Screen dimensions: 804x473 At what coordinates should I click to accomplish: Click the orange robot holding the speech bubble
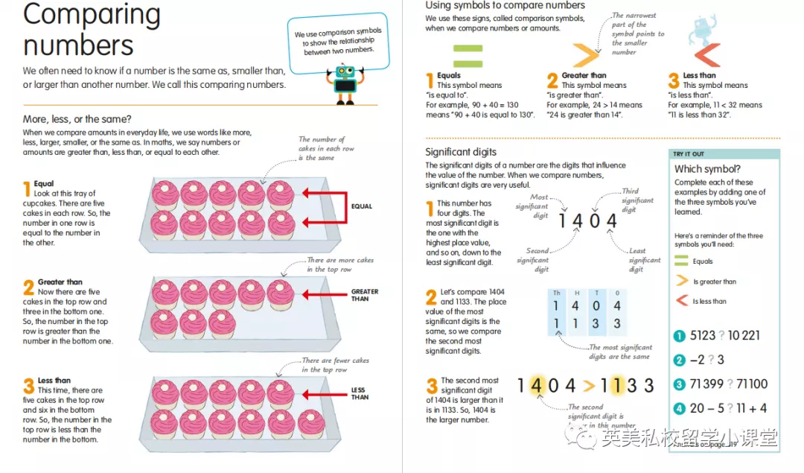tap(345, 85)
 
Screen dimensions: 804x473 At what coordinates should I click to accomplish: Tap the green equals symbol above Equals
tap(468, 56)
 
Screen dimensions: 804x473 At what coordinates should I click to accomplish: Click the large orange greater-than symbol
tap(585, 55)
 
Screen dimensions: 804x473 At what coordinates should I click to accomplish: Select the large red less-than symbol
tap(708, 55)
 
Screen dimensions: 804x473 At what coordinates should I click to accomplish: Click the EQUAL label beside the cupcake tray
tap(362, 206)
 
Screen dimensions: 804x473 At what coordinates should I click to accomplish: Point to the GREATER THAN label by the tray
tap(365, 295)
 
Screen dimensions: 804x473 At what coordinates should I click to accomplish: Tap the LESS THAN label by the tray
tap(360, 393)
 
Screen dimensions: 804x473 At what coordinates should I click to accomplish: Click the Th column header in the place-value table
tap(556, 293)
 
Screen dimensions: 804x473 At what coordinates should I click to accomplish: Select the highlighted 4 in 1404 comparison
tap(536, 385)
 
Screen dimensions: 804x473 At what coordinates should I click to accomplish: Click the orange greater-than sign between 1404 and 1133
tap(589, 385)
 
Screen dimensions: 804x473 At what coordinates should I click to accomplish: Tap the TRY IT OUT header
tap(688, 154)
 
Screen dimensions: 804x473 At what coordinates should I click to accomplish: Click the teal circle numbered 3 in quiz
tap(679, 384)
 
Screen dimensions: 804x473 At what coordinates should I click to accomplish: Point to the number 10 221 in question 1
tap(744, 335)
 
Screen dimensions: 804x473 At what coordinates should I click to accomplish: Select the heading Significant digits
tap(461, 152)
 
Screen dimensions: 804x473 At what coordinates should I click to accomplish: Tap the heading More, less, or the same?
tap(77, 119)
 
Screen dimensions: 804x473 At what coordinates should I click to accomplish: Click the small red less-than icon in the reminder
tap(681, 301)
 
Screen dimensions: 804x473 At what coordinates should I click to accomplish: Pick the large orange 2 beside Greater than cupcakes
tap(29, 288)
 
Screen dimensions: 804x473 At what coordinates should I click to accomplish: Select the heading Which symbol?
tap(707, 169)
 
